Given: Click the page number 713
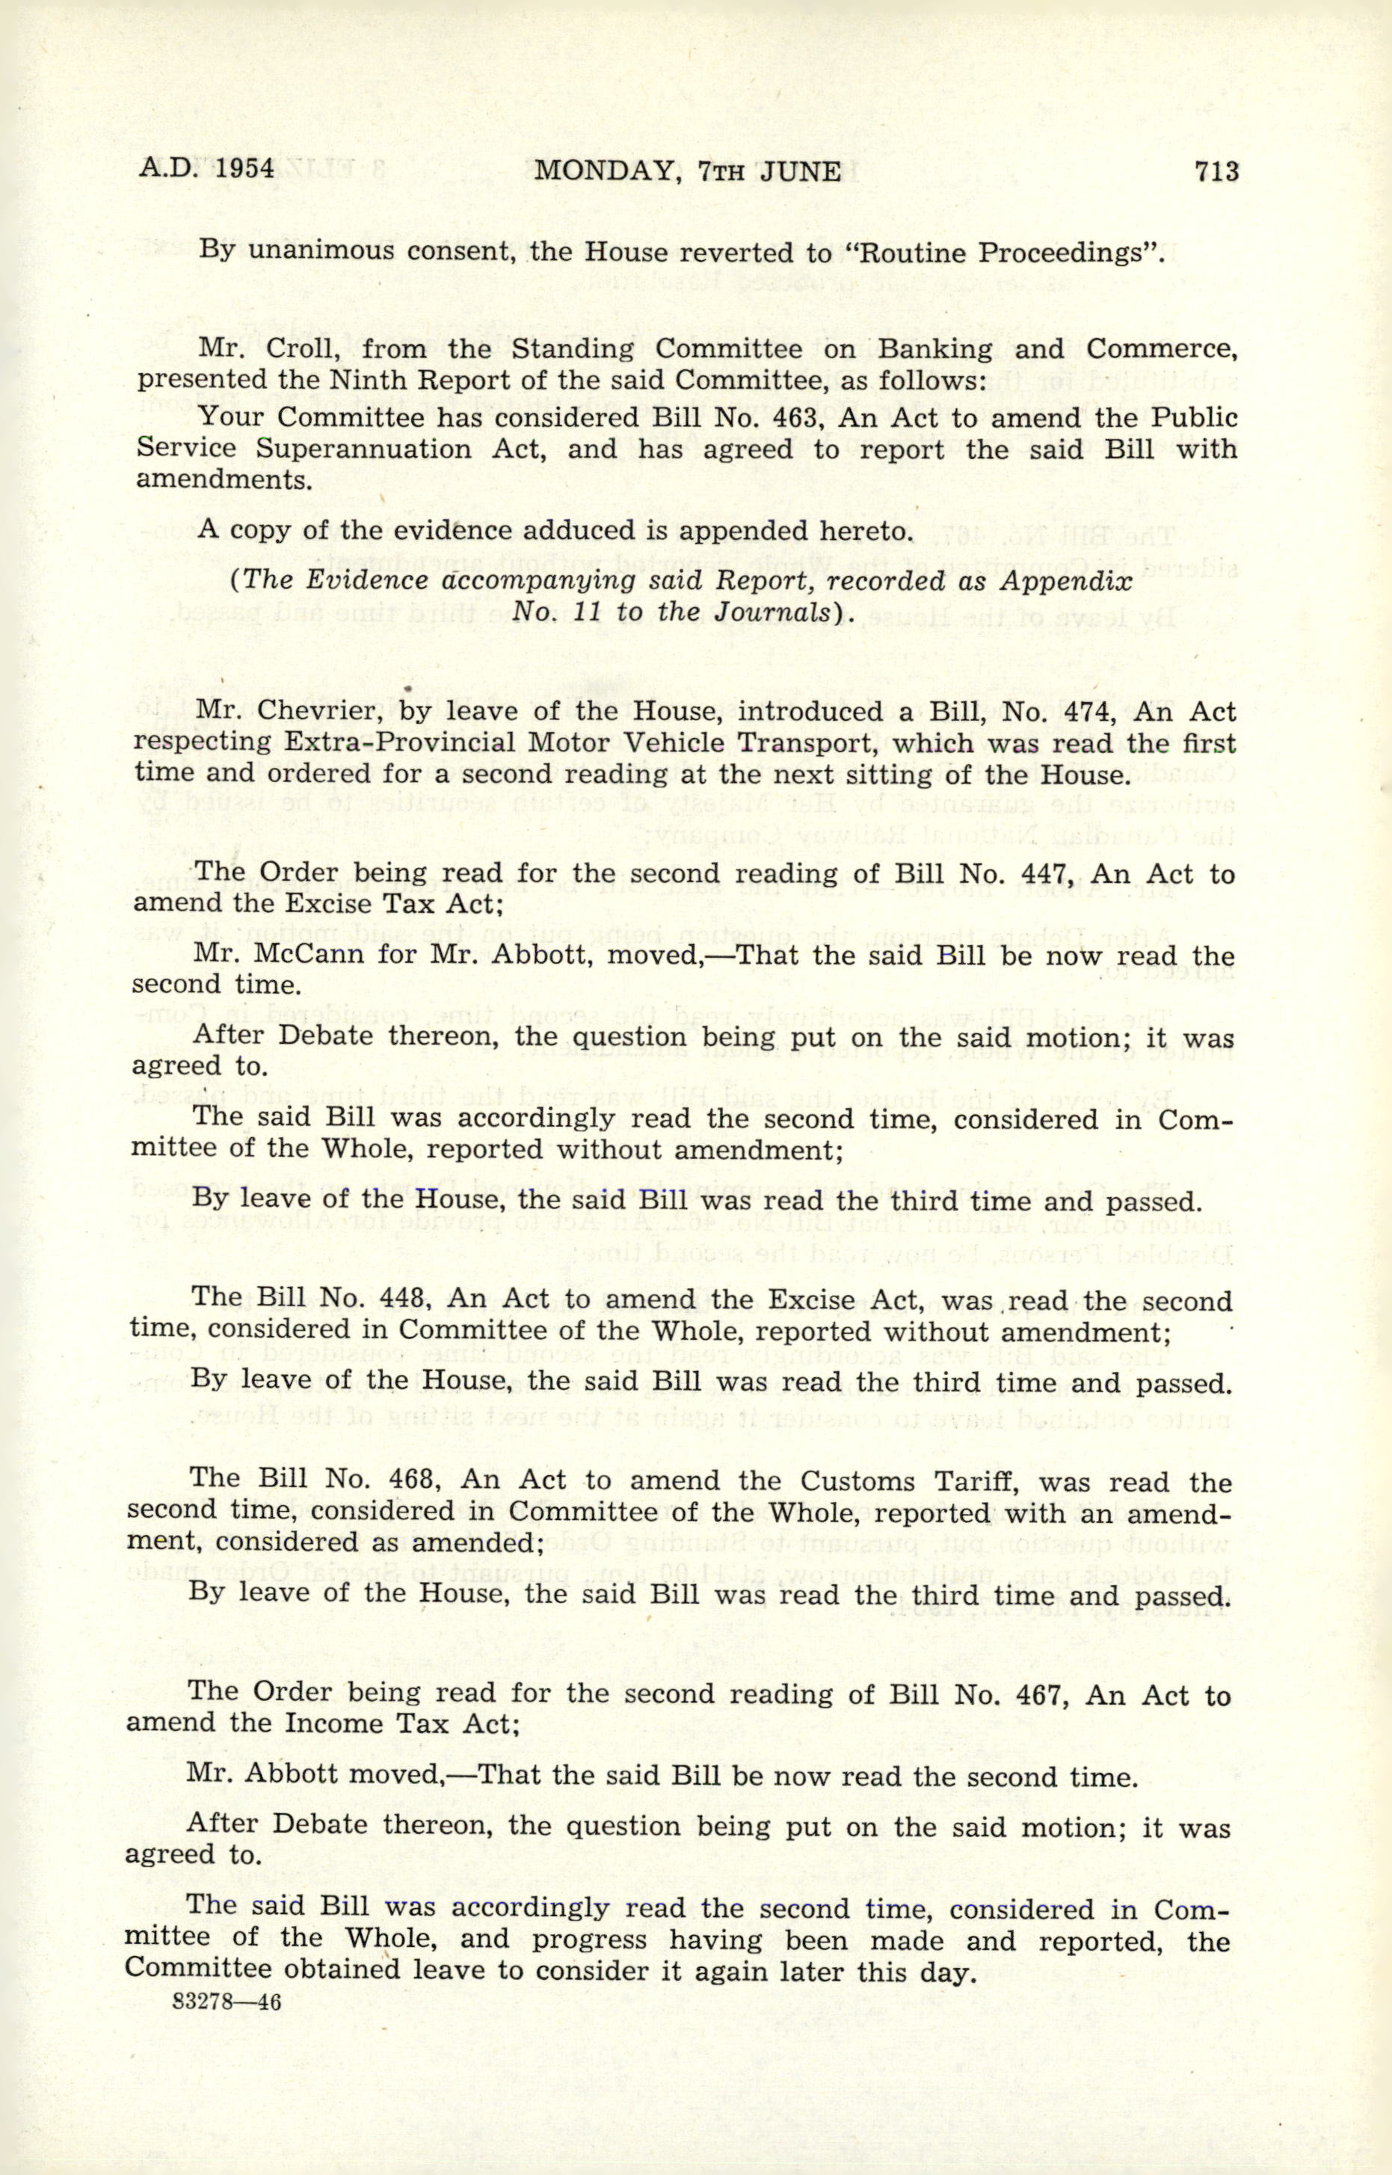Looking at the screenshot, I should [1215, 172].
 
